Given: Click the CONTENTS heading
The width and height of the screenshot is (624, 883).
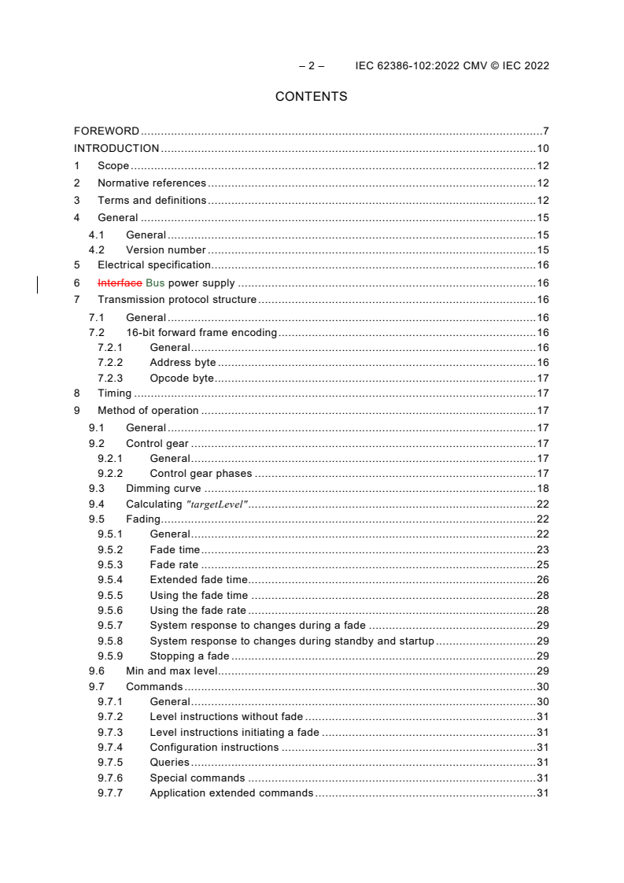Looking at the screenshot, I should pos(311,97).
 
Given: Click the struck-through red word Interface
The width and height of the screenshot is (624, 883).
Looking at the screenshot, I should pos(120,283).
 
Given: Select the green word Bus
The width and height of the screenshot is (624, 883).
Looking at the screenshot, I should pos(155,283).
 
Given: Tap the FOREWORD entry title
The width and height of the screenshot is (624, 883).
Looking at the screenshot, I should pos(106,131).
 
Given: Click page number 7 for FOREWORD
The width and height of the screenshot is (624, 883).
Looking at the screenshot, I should pos(545,131).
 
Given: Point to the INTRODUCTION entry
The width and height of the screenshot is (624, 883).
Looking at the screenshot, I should pos(116,149).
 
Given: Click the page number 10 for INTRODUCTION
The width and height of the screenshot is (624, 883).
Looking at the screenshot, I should pos(543,149).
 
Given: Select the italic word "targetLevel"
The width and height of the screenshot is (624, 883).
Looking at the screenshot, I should pos(217,504).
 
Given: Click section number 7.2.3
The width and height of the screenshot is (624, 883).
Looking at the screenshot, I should pos(111,379).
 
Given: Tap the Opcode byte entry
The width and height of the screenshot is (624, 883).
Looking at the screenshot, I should pos(182,379).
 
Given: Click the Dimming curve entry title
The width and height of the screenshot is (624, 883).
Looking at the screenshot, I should pos(164,489).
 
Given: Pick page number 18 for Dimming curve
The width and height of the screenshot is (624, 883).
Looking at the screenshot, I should pos(543,489).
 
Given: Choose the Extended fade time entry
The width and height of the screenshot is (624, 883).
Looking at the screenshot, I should pos(198,580).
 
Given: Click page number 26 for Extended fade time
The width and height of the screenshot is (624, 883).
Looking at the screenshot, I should pos(543,580).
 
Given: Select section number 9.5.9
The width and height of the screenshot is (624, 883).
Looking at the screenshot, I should pos(111,656).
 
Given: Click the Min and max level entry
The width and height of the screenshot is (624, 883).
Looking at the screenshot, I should pos(172,671).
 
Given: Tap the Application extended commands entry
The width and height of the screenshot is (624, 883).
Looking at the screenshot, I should pos(231,793).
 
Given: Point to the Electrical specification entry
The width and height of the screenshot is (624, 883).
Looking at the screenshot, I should pos(154,265).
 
